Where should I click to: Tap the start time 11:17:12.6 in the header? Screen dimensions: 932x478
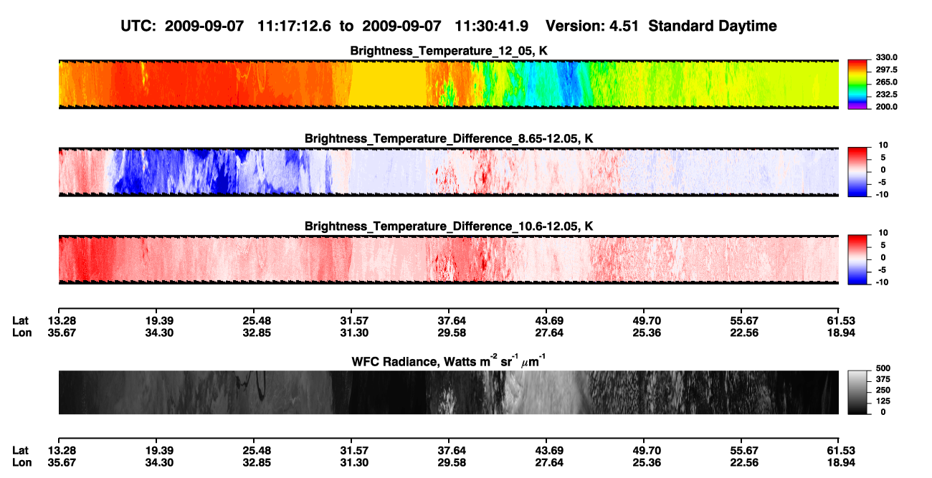(x=294, y=26)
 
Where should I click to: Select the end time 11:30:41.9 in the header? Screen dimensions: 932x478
(x=491, y=26)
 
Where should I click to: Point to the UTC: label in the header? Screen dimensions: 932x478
(x=138, y=26)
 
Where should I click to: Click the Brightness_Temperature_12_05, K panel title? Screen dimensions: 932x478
(x=449, y=51)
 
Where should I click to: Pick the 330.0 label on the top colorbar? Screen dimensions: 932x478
(x=886, y=57)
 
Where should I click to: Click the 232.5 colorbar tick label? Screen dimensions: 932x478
(x=886, y=95)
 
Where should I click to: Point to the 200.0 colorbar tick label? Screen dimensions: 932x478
(x=886, y=107)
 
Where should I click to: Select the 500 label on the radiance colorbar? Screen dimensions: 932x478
(x=883, y=368)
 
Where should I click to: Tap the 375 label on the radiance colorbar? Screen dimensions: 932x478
(x=883, y=379)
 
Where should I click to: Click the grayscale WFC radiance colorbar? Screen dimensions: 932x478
(x=857, y=392)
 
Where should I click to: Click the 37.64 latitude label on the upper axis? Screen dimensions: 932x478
(x=452, y=321)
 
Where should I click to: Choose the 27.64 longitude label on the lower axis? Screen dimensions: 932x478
(x=548, y=463)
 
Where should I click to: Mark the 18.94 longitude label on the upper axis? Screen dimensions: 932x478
(x=841, y=333)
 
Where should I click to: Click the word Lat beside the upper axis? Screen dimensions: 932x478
(x=20, y=321)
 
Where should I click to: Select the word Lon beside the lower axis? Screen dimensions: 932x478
(x=22, y=463)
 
